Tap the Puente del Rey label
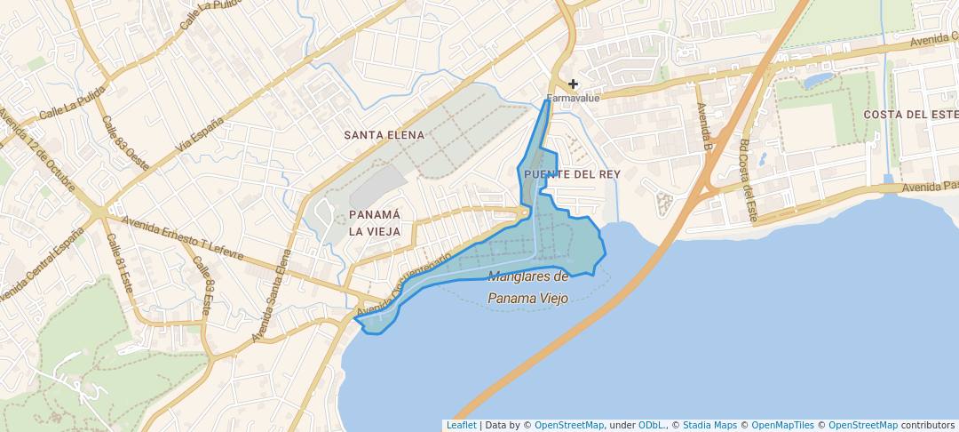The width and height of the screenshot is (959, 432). (x=571, y=174)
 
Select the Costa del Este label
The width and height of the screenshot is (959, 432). (x=910, y=115)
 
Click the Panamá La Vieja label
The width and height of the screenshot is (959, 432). (x=374, y=223)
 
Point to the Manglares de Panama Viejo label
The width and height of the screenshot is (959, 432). (x=527, y=288)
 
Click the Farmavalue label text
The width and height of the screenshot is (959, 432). (x=573, y=98)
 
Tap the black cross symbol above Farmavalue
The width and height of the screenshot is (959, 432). (x=574, y=84)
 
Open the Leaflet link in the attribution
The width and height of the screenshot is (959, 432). (x=461, y=426)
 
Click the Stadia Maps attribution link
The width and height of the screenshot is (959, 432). (x=709, y=426)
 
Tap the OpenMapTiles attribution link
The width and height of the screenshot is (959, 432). (x=777, y=426)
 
